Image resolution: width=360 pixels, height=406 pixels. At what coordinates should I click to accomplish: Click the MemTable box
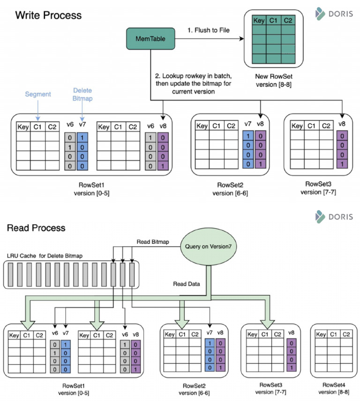pos(150,38)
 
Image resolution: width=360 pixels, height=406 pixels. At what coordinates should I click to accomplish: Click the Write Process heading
pos(48,15)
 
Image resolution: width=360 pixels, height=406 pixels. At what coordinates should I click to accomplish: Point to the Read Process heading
pos(36,228)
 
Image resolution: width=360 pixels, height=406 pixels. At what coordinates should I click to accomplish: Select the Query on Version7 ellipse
pos(208,246)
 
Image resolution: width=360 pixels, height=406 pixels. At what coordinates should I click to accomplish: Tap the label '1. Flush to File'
pos(208,30)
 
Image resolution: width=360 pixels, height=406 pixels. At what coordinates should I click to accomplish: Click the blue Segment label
pos(38,94)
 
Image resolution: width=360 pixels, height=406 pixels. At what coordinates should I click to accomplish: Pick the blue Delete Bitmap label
pos(82,94)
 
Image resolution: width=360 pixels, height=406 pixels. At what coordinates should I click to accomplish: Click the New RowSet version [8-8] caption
pos(274,81)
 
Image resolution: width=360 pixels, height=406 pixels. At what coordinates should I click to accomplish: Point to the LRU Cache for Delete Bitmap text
pos(45,256)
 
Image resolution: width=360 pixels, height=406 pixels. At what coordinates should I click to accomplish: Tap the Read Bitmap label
pos(153,242)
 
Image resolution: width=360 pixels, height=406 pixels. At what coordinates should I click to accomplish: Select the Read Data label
pos(187,284)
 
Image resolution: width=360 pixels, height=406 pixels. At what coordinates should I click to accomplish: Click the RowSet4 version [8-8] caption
pos(334,388)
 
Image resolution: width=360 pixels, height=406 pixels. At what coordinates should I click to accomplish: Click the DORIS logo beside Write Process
pos(334,14)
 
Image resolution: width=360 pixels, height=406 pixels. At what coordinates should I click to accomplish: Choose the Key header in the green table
pos(259,21)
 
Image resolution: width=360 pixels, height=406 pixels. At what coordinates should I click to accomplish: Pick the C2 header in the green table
pos(288,21)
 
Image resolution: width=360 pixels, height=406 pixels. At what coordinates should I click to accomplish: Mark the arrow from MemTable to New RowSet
pos(210,39)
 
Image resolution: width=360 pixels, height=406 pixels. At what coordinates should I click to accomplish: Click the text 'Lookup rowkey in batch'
pos(197,76)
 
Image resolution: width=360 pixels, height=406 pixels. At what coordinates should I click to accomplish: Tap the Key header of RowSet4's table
pos(321,334)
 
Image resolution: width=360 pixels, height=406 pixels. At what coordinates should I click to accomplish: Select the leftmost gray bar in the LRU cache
pos(10,275)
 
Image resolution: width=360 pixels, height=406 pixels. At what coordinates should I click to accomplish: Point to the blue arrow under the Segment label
pos(38,111)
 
